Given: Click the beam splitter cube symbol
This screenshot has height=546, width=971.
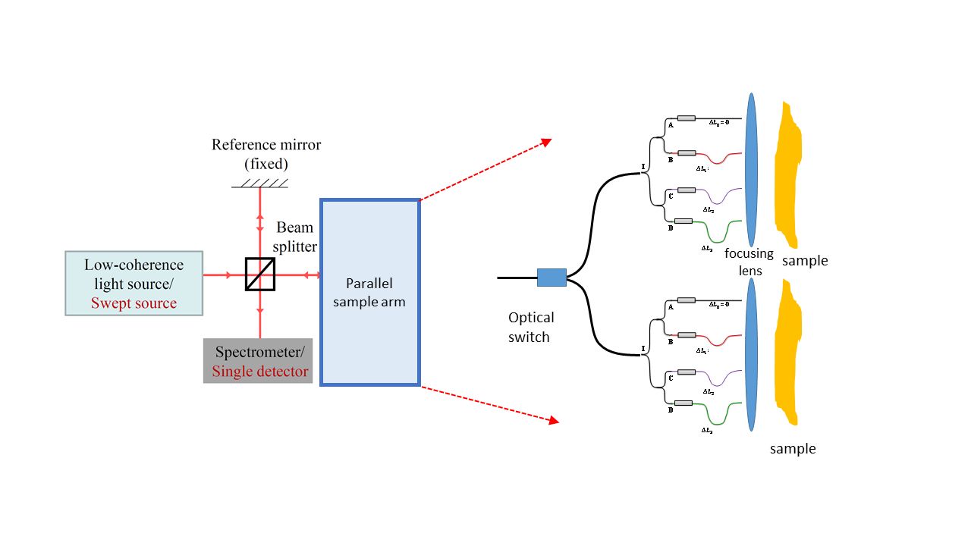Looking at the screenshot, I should tap(260, 275).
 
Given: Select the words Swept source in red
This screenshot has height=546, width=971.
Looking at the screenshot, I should tap(134, 303).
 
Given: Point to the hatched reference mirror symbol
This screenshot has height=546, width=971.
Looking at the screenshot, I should tap(260, 183).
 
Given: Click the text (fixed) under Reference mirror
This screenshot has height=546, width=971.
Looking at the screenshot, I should tap(266, 163).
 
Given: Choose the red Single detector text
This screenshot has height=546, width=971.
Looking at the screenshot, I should tap(260, 372).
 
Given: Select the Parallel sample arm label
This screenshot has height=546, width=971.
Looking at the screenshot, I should tap(370, 293).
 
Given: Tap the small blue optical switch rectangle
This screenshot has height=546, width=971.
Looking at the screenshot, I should tap(551, 278).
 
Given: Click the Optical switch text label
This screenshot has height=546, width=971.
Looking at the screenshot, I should tap(530, 327).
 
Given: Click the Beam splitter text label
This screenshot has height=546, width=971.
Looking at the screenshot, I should tap(296, 237).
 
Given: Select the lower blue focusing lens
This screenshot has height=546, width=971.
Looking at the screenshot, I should tap(751, 353).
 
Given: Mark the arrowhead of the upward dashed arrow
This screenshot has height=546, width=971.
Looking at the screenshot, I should tap(546, 142).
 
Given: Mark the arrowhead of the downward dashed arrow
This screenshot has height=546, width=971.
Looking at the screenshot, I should tap(554, 419).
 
